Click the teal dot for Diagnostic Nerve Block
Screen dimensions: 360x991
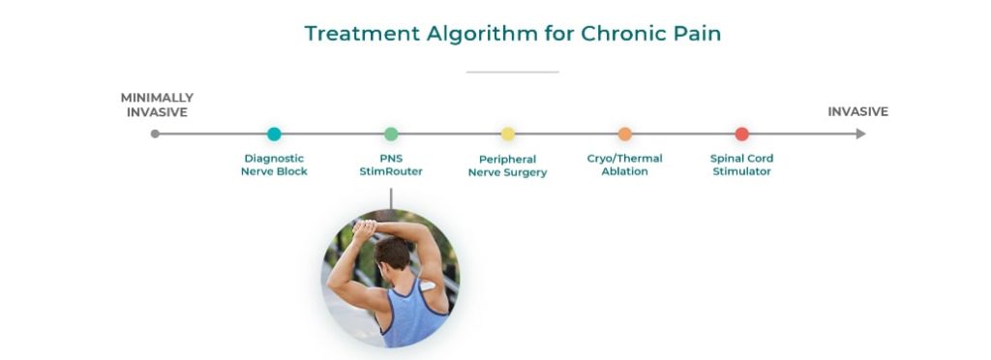pos(274,135)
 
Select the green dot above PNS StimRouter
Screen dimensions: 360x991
pos(391,135)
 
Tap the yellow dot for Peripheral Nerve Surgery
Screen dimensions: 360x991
pos(508,135)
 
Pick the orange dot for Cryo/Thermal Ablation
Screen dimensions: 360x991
pos(625,135)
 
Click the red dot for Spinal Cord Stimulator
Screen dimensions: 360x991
pos(742,135)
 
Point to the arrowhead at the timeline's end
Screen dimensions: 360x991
pos(860,135)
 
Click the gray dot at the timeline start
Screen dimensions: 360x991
pos(155,135)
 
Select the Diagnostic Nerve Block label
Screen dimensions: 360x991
pos(274,165)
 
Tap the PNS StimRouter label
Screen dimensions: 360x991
pos(391,165)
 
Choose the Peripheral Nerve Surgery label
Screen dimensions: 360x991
pos(508,165)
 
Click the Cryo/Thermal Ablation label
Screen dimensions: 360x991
pos(625,165)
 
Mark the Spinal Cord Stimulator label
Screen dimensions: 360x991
pos(742,165)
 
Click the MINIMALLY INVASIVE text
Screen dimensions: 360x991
pos(157,105)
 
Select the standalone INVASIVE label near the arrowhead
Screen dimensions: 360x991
pos(857,112)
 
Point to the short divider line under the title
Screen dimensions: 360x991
pos(512,72)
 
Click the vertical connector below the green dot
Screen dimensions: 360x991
pos(391,197)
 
